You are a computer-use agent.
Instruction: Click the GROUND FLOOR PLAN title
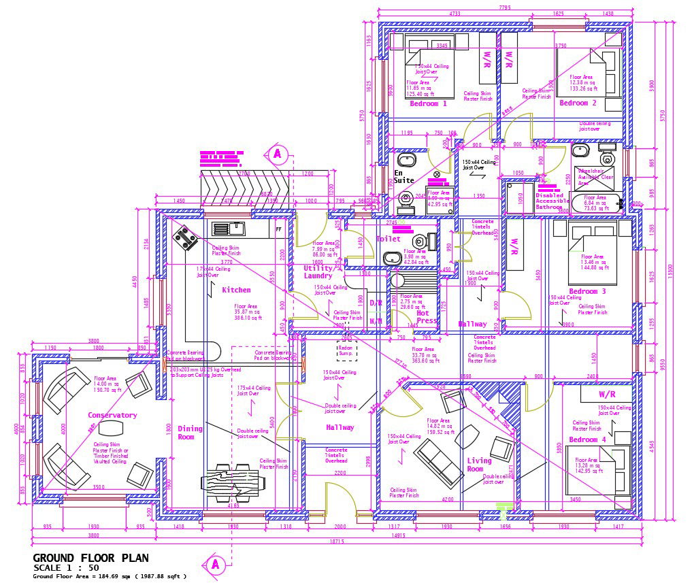[x=90, y=558]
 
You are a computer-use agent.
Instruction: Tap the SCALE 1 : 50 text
[x=66, y=567]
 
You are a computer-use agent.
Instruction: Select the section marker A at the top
[x=276, y=154]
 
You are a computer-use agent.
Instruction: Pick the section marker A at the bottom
[x=215, y=564]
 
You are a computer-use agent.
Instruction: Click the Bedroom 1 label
[x=428, y=104]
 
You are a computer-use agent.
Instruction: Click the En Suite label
[x=403, y=177]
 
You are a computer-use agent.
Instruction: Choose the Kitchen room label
[x=236, y=290]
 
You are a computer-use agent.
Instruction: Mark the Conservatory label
[x=112, y=415]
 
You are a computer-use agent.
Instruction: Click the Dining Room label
[x=191, y=433]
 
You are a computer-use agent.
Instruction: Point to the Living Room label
[x=479, y=465]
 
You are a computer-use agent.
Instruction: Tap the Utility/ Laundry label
[x=318, y=272]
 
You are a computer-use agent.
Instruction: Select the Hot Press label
[x=425, y=317]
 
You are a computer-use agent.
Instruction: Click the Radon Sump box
[x=346, y=350]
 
